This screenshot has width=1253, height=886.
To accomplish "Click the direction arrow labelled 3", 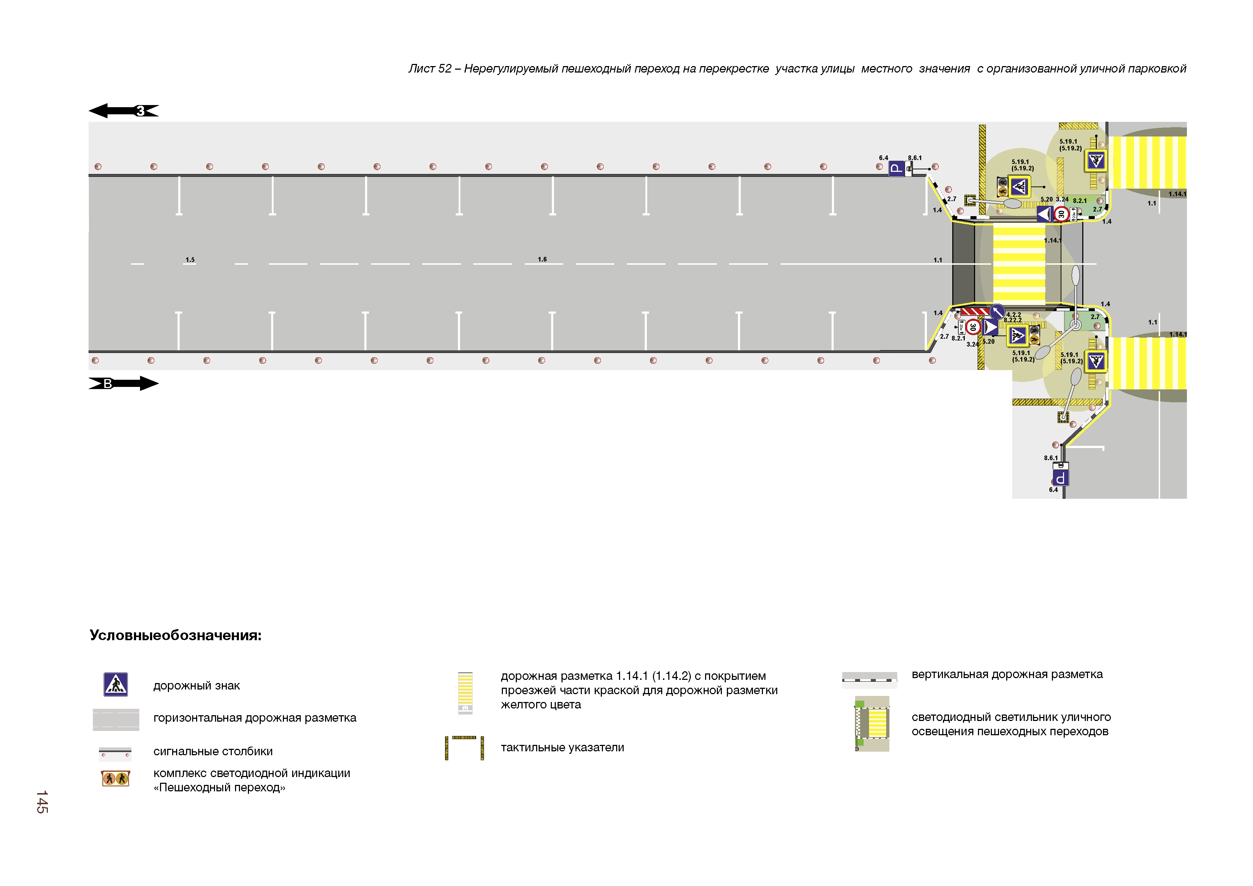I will (x=124, y=111).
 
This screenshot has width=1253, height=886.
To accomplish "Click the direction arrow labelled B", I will (x=124, y=384).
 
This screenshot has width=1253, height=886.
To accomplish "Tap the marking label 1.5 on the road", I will (x=190, y=260).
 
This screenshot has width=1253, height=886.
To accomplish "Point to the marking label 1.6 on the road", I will (x=542, y=259).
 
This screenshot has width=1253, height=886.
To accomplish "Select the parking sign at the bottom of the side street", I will (x=1060, y=478).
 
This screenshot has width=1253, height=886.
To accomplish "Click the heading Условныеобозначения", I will (x=176, y=636).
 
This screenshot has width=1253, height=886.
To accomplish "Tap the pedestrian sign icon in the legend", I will (x=116, y=685).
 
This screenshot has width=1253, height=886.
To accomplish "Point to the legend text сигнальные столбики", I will (x=213, y=751).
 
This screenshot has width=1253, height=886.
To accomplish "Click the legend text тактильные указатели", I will (x=562, y=747).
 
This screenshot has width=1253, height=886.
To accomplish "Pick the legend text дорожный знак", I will (x=196, y=686).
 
